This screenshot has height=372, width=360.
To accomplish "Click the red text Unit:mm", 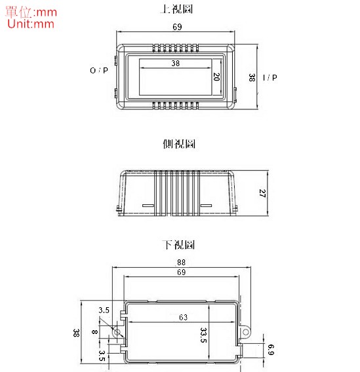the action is [x=31, y=24].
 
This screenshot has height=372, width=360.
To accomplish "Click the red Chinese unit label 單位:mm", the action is [x=31, y=12].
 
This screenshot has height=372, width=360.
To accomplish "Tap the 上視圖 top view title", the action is [x=176, y=9].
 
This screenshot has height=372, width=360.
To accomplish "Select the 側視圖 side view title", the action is [x=179, y=144].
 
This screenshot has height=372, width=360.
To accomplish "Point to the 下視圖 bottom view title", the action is [x=179, y=244].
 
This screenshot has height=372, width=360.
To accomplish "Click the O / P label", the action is [x=99, y=70].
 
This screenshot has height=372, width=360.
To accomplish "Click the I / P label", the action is [x=270, y=77].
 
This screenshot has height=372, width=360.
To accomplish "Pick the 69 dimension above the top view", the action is [x=177, y=27].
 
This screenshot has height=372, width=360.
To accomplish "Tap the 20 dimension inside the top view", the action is [x=216, y=77].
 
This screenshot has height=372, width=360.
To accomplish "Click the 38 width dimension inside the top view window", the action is [x=176, y=63].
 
